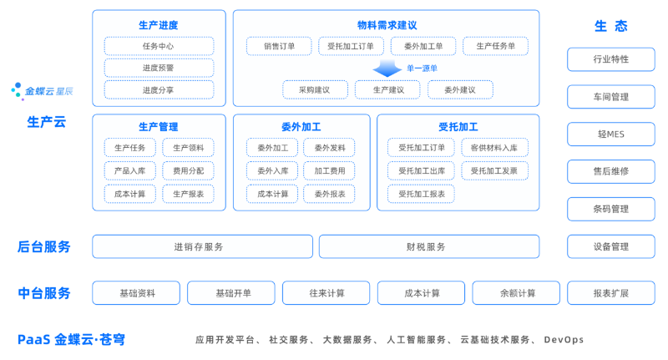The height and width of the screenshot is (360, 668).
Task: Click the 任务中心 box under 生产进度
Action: click(x=159, y=46)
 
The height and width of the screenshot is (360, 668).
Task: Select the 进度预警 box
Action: click(x=159, y=68)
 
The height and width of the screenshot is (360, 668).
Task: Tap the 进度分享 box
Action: click(x=159, y=89)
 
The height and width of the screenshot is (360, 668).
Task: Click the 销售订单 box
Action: click(x=279, y=46)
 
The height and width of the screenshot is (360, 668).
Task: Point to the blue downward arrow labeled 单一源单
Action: click(x=388, y=68)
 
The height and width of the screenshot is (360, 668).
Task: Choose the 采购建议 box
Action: click(x=315, y=89)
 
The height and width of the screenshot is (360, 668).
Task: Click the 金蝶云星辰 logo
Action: click(x=43, y=89)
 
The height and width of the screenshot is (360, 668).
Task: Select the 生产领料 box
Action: click(x=188, y=148)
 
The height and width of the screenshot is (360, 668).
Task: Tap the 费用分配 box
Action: click(x=188, y=170)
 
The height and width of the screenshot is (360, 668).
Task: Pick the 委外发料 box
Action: click(x=329, y=148)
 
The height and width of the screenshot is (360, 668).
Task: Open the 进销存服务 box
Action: click(x=199, y=246)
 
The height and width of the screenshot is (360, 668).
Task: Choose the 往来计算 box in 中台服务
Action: click(x=326, y=293)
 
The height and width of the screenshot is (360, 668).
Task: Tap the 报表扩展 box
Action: click(x=610, y=293)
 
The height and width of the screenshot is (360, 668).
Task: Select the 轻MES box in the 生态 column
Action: click(x=610, y=134)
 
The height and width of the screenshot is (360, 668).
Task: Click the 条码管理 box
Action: click(x=610, y=209)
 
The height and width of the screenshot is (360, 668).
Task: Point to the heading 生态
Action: click(x=610, y=26)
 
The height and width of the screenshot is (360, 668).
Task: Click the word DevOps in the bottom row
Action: click(x=564, y=340)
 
